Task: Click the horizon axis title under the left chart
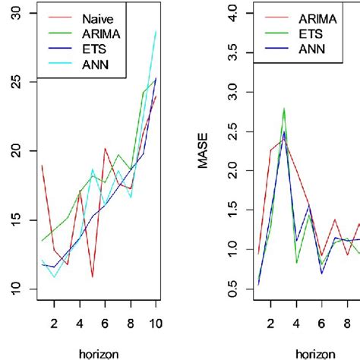(x=99, y=352)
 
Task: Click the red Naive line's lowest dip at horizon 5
(x=92, y=277)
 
